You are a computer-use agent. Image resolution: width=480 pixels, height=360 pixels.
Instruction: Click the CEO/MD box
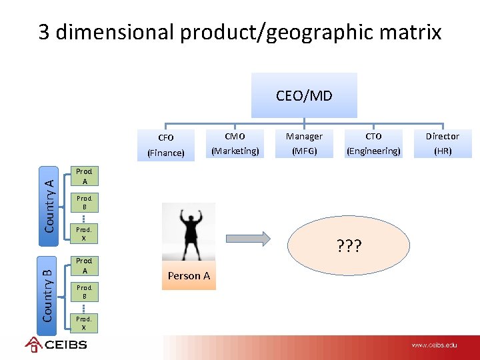[x=304, y=95]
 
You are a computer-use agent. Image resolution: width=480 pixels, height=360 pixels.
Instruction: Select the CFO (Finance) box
[x=166, y=145]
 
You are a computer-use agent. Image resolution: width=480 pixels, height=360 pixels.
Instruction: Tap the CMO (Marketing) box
[x=235, y=143]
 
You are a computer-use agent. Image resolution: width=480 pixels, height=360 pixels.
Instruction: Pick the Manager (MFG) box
[x=304, y=143]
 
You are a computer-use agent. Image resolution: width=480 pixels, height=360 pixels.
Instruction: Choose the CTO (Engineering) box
[x=373, y=143]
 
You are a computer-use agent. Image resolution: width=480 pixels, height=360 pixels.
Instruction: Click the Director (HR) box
[x=443, y=143]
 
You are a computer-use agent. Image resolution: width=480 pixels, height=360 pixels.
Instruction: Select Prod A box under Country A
[x=84, y=176]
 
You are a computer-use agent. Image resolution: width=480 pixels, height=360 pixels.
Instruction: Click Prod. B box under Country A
[x=84, y=203]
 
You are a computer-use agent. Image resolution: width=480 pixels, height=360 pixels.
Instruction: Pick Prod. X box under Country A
[x=84, y=233]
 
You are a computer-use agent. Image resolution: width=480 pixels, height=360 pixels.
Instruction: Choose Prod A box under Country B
[x=84, y=266]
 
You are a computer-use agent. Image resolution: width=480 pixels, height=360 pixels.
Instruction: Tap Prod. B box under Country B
[x=84, y=291]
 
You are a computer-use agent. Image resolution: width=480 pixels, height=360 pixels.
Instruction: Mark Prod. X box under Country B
[x=84, y=323]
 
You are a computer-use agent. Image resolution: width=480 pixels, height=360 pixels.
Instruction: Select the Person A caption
[x=189, y=276]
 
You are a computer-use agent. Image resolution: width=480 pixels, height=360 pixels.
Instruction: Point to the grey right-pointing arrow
[x=247, y=239]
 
